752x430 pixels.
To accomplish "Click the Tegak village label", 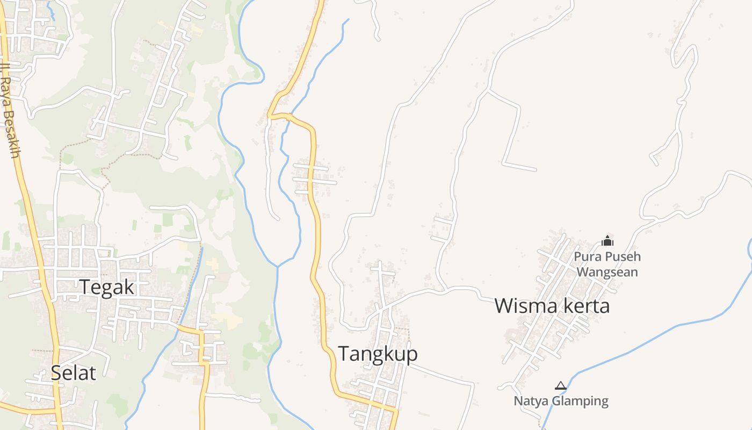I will [107, 287].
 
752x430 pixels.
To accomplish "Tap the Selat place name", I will [73, 372].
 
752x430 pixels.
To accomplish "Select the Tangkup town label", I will [378, 354].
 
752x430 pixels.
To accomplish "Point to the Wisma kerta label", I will [552, 306].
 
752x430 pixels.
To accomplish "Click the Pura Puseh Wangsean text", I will [607, 264].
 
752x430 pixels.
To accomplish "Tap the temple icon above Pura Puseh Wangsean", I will [608, 241].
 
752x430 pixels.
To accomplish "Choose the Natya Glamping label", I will [561, 401].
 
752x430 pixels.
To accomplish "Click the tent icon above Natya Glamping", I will [561, 385].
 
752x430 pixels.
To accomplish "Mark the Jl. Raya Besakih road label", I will [10, 110].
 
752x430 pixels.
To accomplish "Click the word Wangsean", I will [607, 272].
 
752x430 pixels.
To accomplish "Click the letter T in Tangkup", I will [343, 354].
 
